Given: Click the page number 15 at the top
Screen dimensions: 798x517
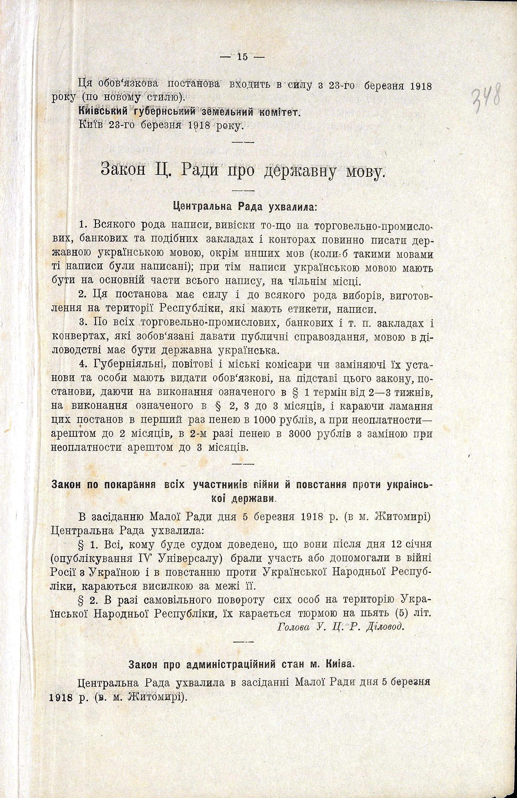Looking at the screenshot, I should [x=242, y=57].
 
